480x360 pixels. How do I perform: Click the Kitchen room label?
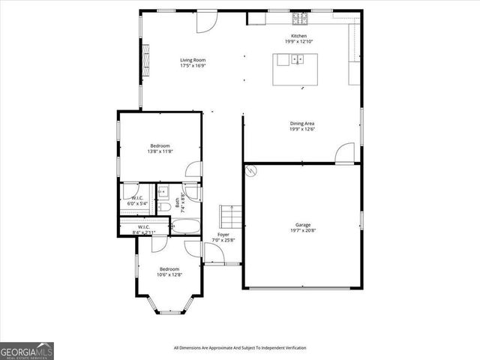tap(298, 35)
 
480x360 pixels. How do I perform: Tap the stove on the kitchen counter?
tap(298, 16)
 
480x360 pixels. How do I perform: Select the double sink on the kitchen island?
tap(298, 59)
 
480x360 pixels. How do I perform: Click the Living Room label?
tap(193, 60)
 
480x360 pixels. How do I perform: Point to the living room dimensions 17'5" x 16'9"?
tap(193, 66)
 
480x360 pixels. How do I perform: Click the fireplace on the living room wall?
tap(145, 55)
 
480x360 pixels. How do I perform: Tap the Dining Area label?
tap(302, 123)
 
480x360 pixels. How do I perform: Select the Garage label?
tap(302, 224)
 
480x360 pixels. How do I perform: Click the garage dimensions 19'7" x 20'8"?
tap(302, 230)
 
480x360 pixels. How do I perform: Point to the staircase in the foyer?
tap(231, 217)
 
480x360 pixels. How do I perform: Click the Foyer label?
tap(223, 235)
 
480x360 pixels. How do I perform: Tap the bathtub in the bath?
tap(185, 226)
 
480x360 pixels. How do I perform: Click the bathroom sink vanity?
tap(163, 192)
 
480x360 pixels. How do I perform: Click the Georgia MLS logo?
tap(26, 350)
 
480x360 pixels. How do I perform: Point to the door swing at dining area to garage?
tap(343, 154)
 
